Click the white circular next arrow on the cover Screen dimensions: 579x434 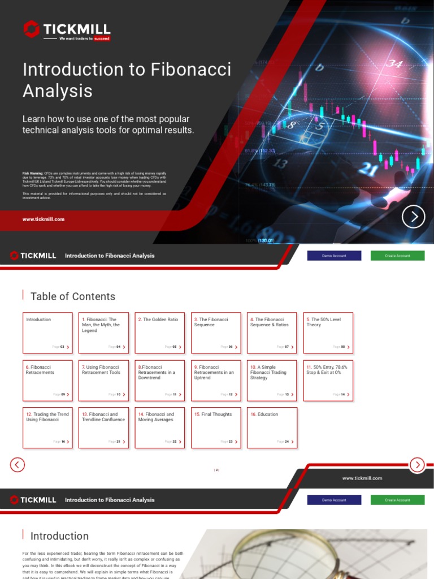(x=413, y=217)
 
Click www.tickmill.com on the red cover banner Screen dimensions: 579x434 (x=44, y=219)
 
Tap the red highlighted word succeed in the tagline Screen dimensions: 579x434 (x=102, y=39)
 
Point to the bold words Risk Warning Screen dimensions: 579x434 (x=32, y=172)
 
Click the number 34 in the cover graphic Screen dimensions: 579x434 (x=394, y=64)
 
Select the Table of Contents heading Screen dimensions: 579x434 (x=72, y=296)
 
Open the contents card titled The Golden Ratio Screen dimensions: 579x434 (x=159, y=332)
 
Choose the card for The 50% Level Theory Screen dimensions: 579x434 (x=328, y=332)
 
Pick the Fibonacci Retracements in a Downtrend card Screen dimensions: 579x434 (x=159, y=381)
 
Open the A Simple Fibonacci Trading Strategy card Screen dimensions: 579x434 (x=272, y=381)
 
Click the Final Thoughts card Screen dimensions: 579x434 (x=216, y=427)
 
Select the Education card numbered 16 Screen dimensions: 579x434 (x=272, y=427)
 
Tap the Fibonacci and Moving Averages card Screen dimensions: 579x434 (x=159, y=427)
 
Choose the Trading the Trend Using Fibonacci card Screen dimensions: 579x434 (x=47, y=427)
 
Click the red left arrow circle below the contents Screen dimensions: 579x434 (x=18, y=465)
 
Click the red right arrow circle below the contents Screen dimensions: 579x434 (x=417, y=465)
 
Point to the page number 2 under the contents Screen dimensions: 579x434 (x=216, y=470)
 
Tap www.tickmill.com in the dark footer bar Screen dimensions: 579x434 (x=362, y=478)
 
